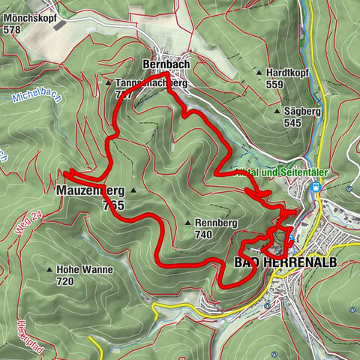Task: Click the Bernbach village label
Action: click(165, 64)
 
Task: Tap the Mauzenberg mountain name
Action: click(89, 191)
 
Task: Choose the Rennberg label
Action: click(216, 223)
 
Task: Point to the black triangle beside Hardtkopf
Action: click(259, 73)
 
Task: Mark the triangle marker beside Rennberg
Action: click(187, 223)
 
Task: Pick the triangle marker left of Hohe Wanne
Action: click(50, 269)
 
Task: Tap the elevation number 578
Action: click(11, 30)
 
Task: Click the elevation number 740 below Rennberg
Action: click(202, 235)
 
